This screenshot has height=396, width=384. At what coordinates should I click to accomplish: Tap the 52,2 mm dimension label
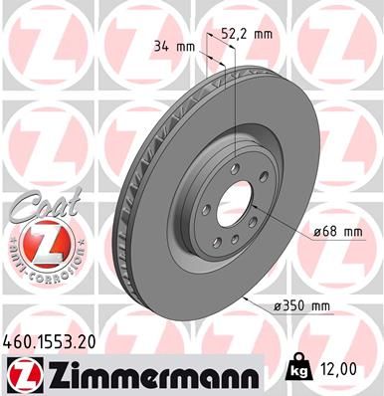pos(247,32)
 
